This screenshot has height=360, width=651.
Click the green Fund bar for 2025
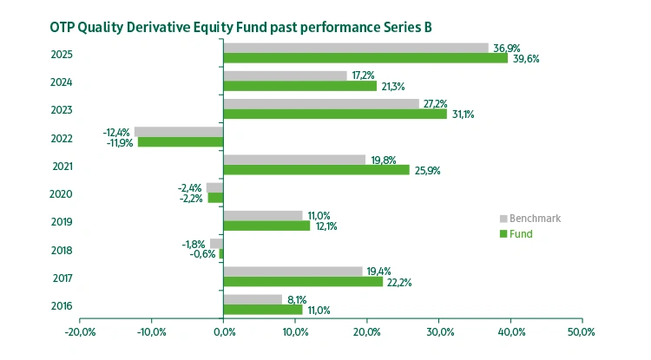[x=365, y=58]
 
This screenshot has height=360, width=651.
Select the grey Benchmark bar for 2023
[x=321, y=103]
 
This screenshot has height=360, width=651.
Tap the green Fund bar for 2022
[x=181, y=141]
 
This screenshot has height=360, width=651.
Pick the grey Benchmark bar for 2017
[x=293, y=272]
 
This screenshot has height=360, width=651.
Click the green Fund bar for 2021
[x=316, y=170]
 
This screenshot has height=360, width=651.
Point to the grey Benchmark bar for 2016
[x=253, y=299]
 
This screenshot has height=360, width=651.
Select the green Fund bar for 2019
[x=266, y=226]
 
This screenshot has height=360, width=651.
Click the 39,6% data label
[x=525, y=59]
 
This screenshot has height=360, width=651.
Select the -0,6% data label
[x=203, y=254]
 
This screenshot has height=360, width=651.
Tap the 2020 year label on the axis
[x=62, y=193]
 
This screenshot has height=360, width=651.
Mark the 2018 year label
[x=62, y=250]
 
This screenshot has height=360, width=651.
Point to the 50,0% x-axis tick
[x=581, y=332]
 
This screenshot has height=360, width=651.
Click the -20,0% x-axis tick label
[x=80, y=332]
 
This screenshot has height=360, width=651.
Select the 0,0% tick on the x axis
[x=223, y=332]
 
